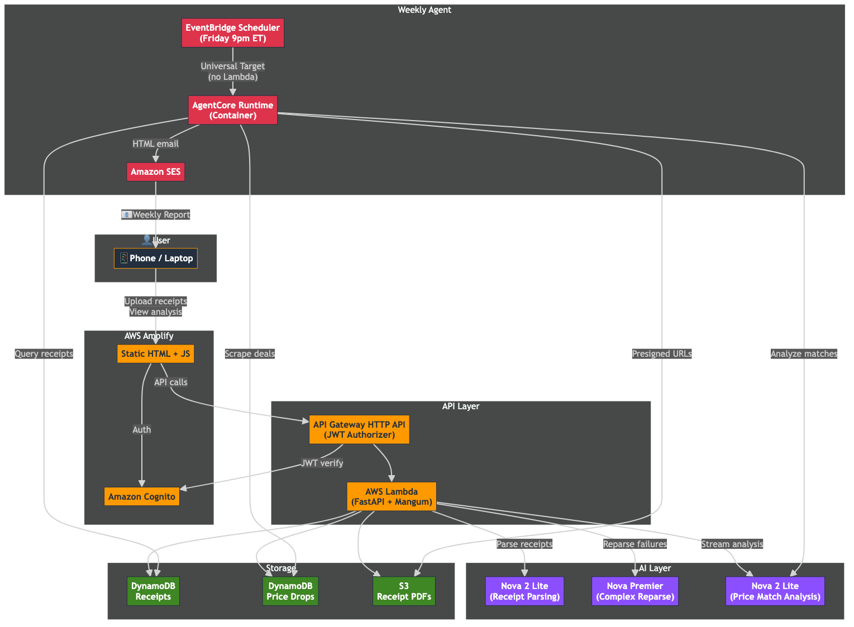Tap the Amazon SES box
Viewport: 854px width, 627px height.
click(156, 173)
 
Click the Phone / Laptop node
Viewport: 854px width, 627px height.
click(156, 259)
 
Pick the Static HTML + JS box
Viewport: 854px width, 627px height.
click(156, 355)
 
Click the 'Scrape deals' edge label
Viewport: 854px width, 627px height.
click(250, 355)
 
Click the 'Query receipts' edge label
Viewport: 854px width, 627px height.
click(44, 355)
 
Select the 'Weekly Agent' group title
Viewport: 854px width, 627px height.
click(425, 10)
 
